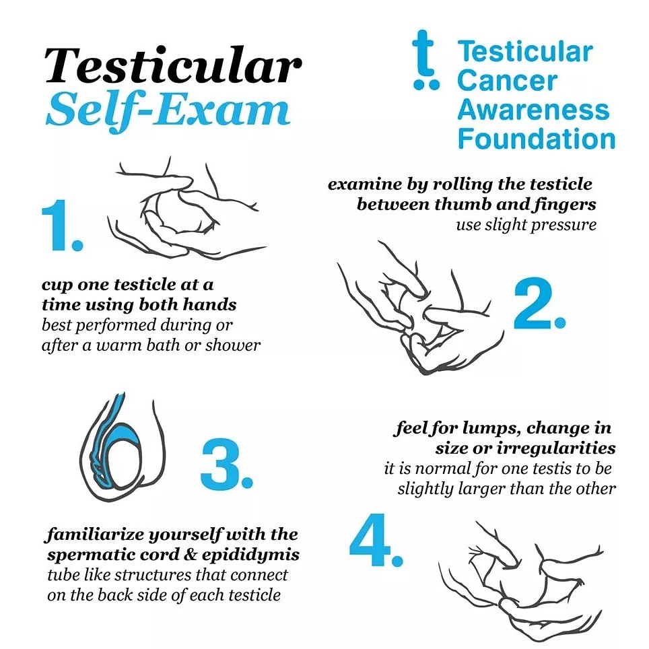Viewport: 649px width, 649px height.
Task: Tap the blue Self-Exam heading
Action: [168, 109]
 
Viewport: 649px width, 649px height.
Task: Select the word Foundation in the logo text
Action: [536, 139]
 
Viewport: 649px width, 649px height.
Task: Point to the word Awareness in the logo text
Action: [533, 110]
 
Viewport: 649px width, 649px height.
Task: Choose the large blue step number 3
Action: [226, 465]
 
